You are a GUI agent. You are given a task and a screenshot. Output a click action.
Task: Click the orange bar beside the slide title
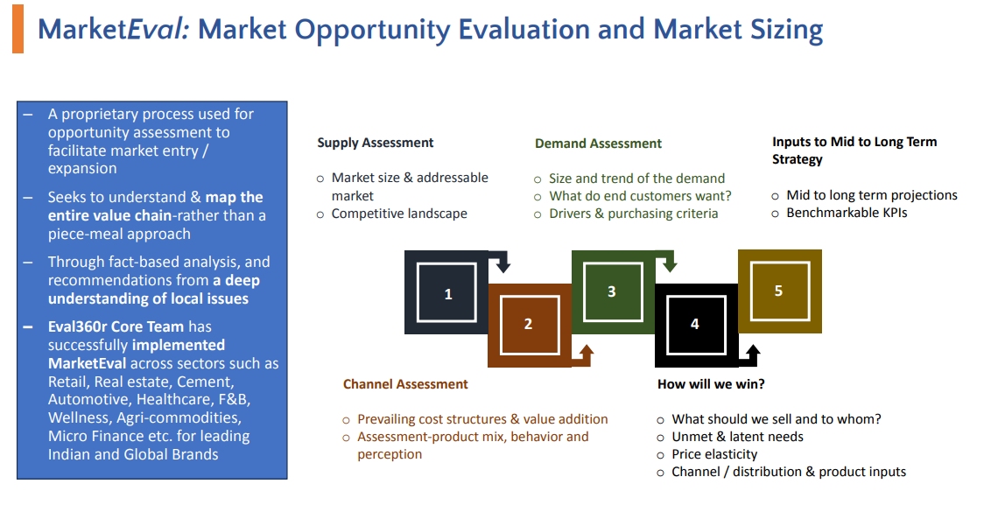pyautogui.click(x=18, y=29)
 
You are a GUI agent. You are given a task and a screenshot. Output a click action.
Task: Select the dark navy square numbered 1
pyautogui.click(x=446, y=292)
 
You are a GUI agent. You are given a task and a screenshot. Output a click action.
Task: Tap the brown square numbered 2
pyautogui.click(x=530, y=325)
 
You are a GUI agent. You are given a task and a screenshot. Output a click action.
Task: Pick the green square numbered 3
pyautogui.click(x=613, y=291)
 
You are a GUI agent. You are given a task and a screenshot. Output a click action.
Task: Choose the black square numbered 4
pyautogui.click(x=696, y=325)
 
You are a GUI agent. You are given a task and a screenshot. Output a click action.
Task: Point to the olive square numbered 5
pyautogui.click(x=779, y=291)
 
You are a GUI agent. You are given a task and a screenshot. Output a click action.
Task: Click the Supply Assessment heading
pyautogui.click(x=375, y=143)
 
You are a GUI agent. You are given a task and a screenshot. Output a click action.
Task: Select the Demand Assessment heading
pyautogui.click(x=598, y=144)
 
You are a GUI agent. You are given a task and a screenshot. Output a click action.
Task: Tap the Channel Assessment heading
pyautogui.click(x=405, y=384)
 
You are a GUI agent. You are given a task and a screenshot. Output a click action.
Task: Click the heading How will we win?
pyautogui.click(x=711, y=384)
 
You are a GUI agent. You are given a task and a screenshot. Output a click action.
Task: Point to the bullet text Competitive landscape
pyautogui.click(x=398, y=214)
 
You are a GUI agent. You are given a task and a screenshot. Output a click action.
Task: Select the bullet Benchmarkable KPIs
pyautogui.click(x=847, y=213)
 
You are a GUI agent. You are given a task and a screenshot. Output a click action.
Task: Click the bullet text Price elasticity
pyautogui.click(x=714, y=454)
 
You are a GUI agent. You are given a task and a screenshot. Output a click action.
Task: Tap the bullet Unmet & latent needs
pyautogui.click(x=737, y=437)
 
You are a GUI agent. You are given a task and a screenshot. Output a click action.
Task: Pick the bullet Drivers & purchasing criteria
pyautogui.click(x=633, y=214)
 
